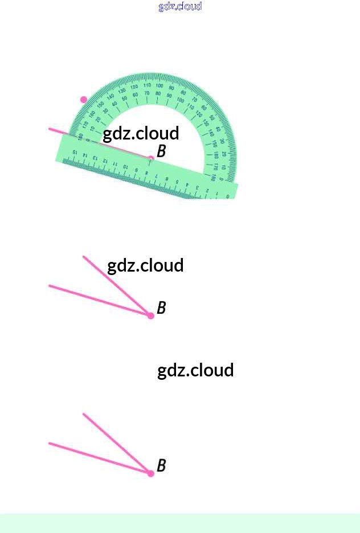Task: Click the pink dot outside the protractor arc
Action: pos(84,100)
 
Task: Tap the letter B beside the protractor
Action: pos(161,151)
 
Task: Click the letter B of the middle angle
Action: pos(161,308)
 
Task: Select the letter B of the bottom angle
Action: pos(161,466)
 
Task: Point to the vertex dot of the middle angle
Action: pos(151,315)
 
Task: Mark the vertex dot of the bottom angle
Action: pos(151,473)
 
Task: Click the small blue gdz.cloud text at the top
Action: pos(180,6)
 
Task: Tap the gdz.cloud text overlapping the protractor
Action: pos(141,133)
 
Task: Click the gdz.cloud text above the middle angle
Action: pos(145,265)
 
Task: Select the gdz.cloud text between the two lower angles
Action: pos(195,370)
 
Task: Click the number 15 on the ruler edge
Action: pos(75,153)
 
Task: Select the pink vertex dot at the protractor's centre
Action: pos(151,158)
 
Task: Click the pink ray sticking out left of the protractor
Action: pos(58,132)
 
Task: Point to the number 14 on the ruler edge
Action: pos(85,155)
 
